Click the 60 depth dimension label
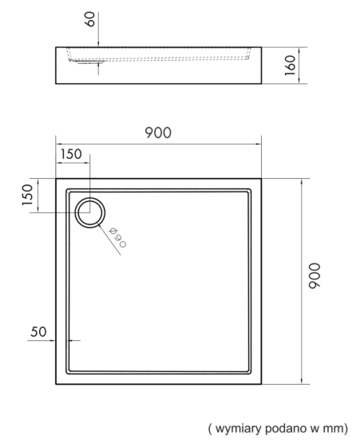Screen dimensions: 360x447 tap(90, 19)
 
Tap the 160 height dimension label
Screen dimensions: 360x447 tap(291, 65)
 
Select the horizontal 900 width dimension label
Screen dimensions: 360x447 tap(158, 133)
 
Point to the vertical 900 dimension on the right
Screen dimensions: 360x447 tap(315, 275)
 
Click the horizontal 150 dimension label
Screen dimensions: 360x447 tap(71, 154)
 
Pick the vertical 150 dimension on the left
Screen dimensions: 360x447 tap(28, 195)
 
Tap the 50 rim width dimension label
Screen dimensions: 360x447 tap(38, 332)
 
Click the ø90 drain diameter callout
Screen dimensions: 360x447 tap(117, 238)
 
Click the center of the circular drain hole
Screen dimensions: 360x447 tap(90, 212)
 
